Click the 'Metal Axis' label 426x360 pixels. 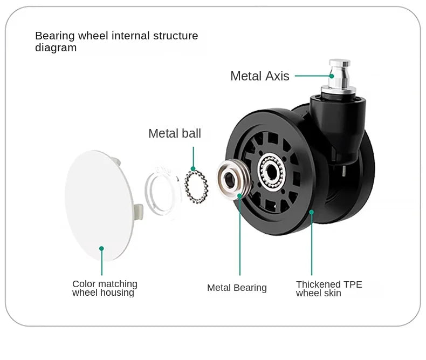click(260, 76)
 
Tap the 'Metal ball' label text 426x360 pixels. click(175, 133)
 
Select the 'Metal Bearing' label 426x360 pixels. click(237, 288)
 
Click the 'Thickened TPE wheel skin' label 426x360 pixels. click(329, 289)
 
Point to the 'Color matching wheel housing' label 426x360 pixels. click(105, 288)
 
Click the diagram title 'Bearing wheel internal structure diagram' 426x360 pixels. click(116, 42)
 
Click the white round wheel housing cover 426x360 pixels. click(99, 206)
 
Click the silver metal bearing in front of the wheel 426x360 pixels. click(233, 180)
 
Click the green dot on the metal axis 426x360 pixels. click(332, 76)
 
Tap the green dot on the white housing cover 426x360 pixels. click(101, 248)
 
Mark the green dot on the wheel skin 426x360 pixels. click(312, 212)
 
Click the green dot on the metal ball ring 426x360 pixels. click(193, 169)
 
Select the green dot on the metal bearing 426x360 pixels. click(239, 195)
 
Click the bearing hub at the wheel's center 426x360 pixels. click(271, 172)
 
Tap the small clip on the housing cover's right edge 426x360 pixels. click(138, 212)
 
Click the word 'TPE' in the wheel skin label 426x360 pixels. click(353, 284)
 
